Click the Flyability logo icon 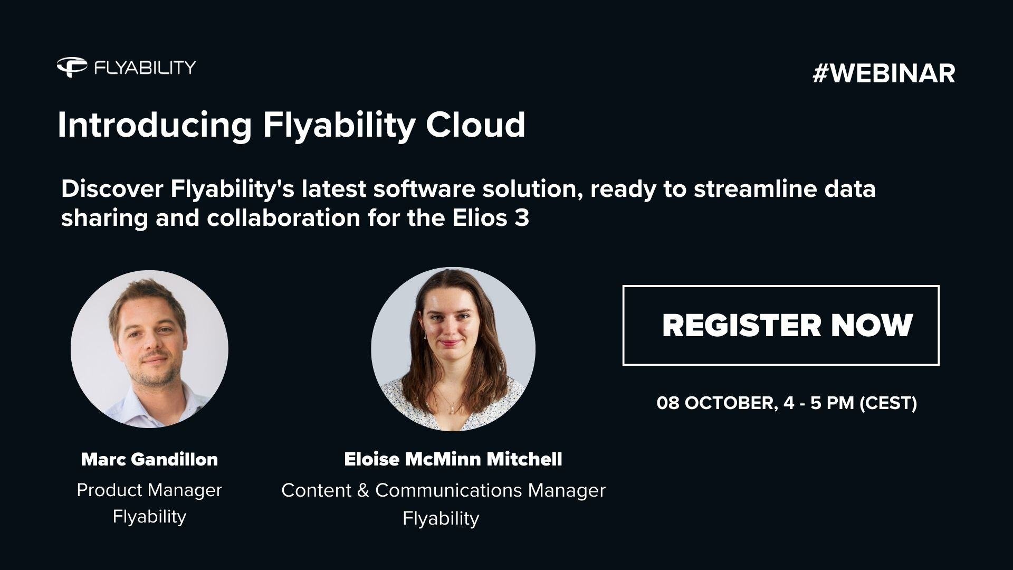pos(72,67)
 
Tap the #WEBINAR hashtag pos(884,73)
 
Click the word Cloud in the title pos(475,125)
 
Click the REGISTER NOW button pos(781,325)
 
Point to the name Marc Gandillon pos(149,459)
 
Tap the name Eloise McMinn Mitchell pos(453,459)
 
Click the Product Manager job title pos(149,490)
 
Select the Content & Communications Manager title pos(443,490)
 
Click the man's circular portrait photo pos(149,349)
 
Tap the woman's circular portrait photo pos(453,349)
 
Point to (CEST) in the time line pos(888,403)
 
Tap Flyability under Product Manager pos(149,516)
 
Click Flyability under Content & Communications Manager pos(441,518)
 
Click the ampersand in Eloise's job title pos(362,490)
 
